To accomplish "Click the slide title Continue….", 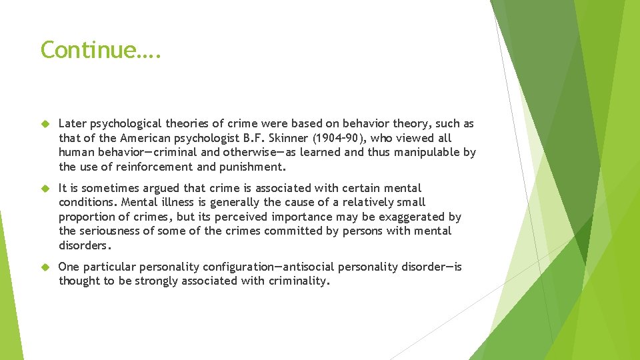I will click(x=100, y=50).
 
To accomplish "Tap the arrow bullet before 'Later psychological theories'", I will click(x=46, y=124).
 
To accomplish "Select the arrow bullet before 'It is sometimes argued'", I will click(x=46, y=189).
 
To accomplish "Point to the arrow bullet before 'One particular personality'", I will click(x=46, y=267).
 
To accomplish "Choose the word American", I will click(x=145, y=138).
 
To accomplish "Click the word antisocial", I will click(x=308, y=267).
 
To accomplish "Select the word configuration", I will click(x=239, y=267).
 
